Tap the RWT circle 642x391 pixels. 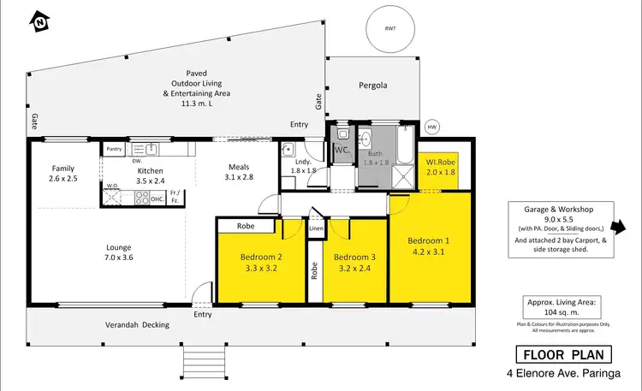point(390,28)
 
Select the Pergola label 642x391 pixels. point(372,86)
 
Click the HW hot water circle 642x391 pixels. point(431,127)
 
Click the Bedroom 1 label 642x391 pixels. point(430,246)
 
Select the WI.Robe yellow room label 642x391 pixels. point(443,166)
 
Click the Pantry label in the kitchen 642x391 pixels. point(114,149)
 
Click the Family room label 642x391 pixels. point(62,174)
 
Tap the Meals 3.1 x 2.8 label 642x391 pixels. point(238,172)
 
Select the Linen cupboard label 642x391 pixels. point(315,228)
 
